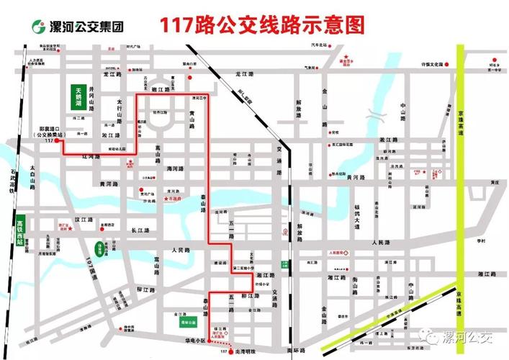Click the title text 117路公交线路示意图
pyautogui.click(x=261, y=25)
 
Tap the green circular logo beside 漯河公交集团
pyautogui.click(x=37, y=27)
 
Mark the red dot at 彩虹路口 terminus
pyautogui.click(x=56, y=141)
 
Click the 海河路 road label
pyautogui.click(x=176, y=168)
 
